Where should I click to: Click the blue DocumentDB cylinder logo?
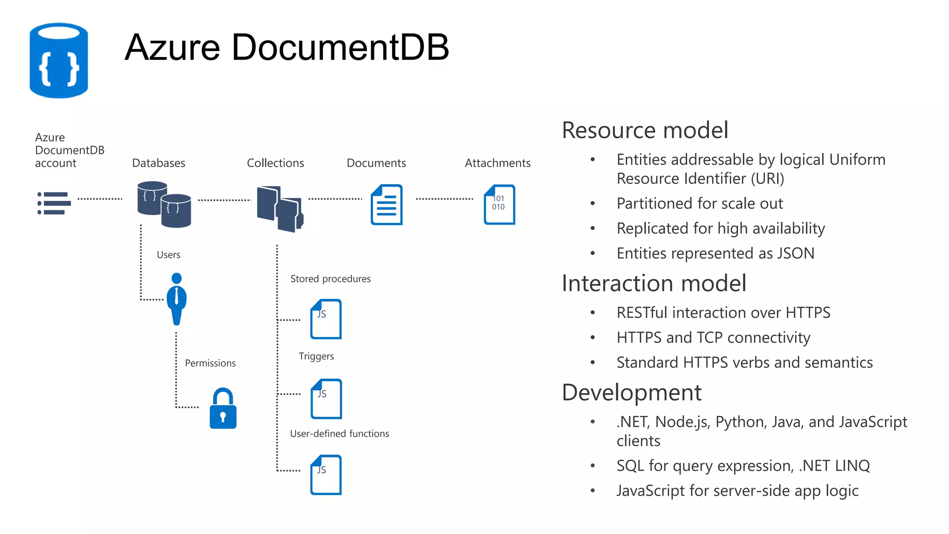coord(59,61)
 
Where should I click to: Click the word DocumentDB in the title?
coord(340,47)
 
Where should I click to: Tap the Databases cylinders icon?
coord(164,204)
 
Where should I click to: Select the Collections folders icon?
coord(280,209)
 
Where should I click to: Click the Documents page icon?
coord(387,205)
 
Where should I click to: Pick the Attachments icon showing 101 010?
coord(499,204)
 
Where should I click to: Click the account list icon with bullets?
coord(54,203)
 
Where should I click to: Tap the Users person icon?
coord(177,299)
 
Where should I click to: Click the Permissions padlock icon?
coord(223,409)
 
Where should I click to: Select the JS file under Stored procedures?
coord(326,319)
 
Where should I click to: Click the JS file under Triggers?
coord(326,399)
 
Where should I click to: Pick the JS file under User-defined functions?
coord(326,475)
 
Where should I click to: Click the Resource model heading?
coord(645,130)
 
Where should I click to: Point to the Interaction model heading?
coord(654,283)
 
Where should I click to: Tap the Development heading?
coord(632,393)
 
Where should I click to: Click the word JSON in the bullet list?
coord(795,254)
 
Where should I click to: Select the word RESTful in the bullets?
coord(642,313)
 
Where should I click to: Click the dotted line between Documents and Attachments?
coord(444,199)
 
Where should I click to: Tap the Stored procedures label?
coord(330,279)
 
